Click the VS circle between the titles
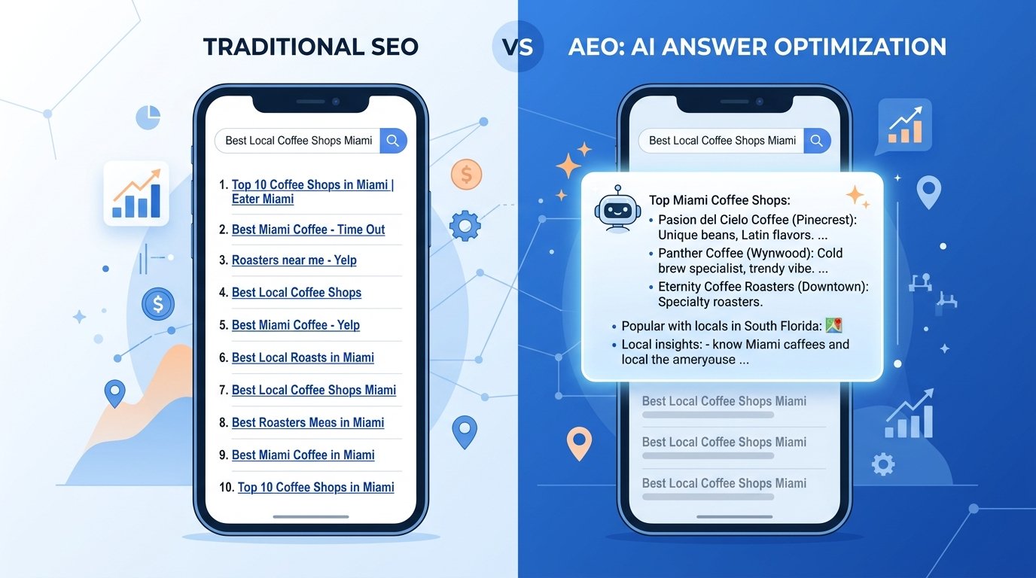pyautogui.click(x=517, y=47)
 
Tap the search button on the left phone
pyautogui.click(x=393, y=141)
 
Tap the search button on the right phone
pyautogui.click(x=817, y=141)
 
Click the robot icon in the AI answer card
pyautogui.click(x=617, y=210)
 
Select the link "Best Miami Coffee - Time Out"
pyautogui.click(x=308, y=230)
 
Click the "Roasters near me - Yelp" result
pyautogui.click(x=294, y=260)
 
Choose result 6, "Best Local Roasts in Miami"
pyautogui.click(x=303, y=357)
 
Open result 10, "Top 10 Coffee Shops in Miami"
pyautogui.click(x=315, y=488)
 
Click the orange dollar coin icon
pyautogui.click(x=466, y=175)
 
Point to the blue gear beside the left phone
pyautogui.click(x=465, y=225)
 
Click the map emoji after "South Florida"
pyautogui.click(x=833, y=326)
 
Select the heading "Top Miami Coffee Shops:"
pyautogui.click(x=719, y=200)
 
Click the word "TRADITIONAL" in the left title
pyautogui.click(x=270, y=47)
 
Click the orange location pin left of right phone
pyautogui.click(x=578, y=443)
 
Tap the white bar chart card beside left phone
pyautogui.click(x=136, y=193)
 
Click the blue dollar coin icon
pyautogui.click(x=158, y=304)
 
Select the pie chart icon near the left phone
pyautogui.click(x=148, y=117)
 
